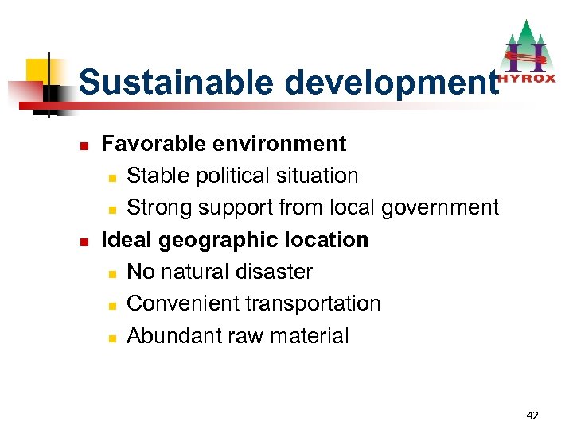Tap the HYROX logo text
coord(528,79)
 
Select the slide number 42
coord(532,415)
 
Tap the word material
coord(308,336)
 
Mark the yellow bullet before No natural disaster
coord(112,273)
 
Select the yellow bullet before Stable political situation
coord(112,177)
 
